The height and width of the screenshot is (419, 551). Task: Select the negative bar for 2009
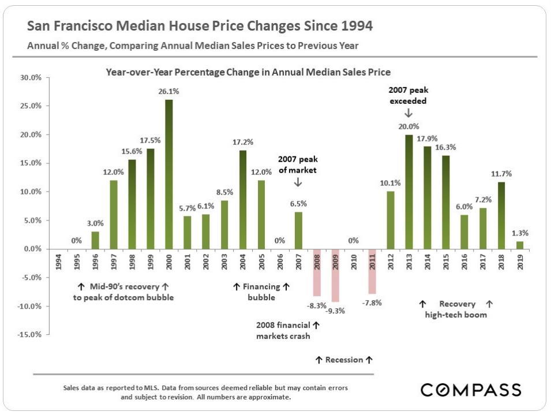click(x=335, y=275)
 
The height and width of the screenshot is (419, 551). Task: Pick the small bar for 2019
click(x=520, y=245)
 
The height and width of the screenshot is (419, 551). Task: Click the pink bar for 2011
click(x=372, y=271)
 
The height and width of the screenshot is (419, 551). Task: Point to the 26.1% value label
click(x=168, y=91)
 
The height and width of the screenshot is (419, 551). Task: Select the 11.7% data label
click(x=501, y=173)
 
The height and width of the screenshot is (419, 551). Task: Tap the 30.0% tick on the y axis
click(x=31, y=77)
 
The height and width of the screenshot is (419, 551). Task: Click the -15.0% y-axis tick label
click(x=29, y=334)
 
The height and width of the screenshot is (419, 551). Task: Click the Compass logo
click(x=471, y=390)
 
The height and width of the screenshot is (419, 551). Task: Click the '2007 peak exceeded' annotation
click(x=408, y=95)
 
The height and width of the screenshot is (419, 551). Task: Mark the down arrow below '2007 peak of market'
click(x=298, y=182)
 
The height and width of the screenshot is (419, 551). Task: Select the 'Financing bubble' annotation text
click(x=261, y=292)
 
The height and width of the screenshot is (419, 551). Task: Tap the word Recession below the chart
click(x=344, y=360)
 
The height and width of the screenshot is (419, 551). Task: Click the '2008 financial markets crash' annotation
click(x=283, y=330)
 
